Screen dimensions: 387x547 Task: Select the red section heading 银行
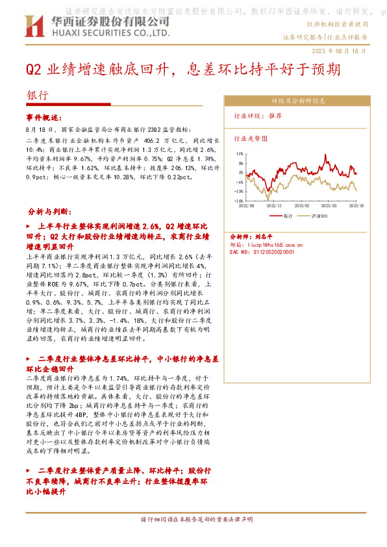(x=37, y=94)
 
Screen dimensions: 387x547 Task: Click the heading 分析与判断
(x=54, y=212)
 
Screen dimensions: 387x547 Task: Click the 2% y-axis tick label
(x=240, y=173)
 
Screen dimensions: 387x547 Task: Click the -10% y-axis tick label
(x=238, y=191)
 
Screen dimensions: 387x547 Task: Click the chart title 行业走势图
(x=250, y=138)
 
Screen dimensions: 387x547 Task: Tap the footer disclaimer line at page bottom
(x=197, y=520)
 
